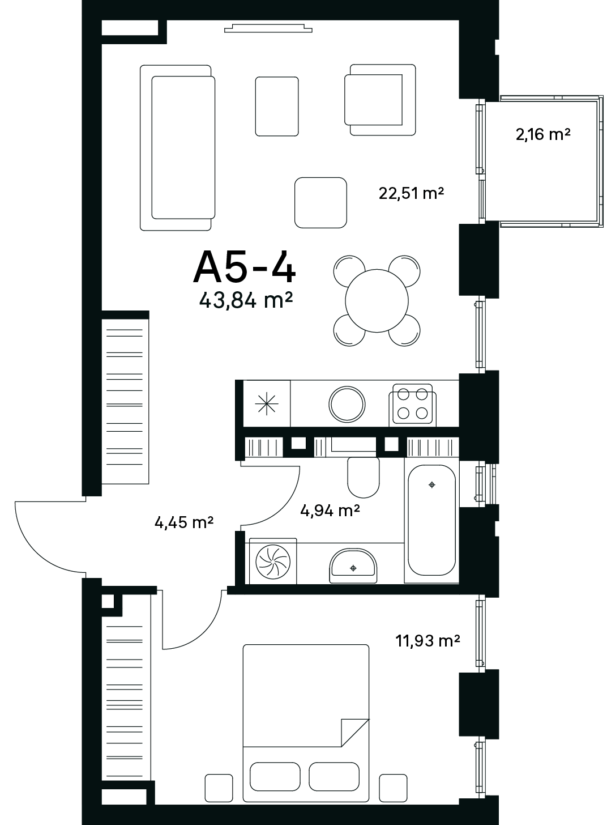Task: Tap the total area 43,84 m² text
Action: [x=246, y=300]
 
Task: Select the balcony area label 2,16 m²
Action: [x=543, y=134]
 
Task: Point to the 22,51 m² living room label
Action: [x=411, y=193]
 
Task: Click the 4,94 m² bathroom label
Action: [x=330, y=511]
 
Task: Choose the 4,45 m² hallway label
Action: [x=184, y=522]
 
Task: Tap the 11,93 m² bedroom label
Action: [x=428, y=641]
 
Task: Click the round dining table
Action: [x=377, y=301]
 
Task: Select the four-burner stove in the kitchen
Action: [x=413, y=404]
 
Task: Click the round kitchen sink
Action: [x=347, y=404]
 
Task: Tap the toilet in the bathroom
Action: [x=364, y=478]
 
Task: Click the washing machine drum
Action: [x=273, y=562]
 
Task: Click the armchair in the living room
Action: [x=381, y=100]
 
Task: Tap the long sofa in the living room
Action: [x=177, y=148]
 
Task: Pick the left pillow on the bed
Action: [x=275, y=776]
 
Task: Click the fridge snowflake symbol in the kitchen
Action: [x=267, y=403]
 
